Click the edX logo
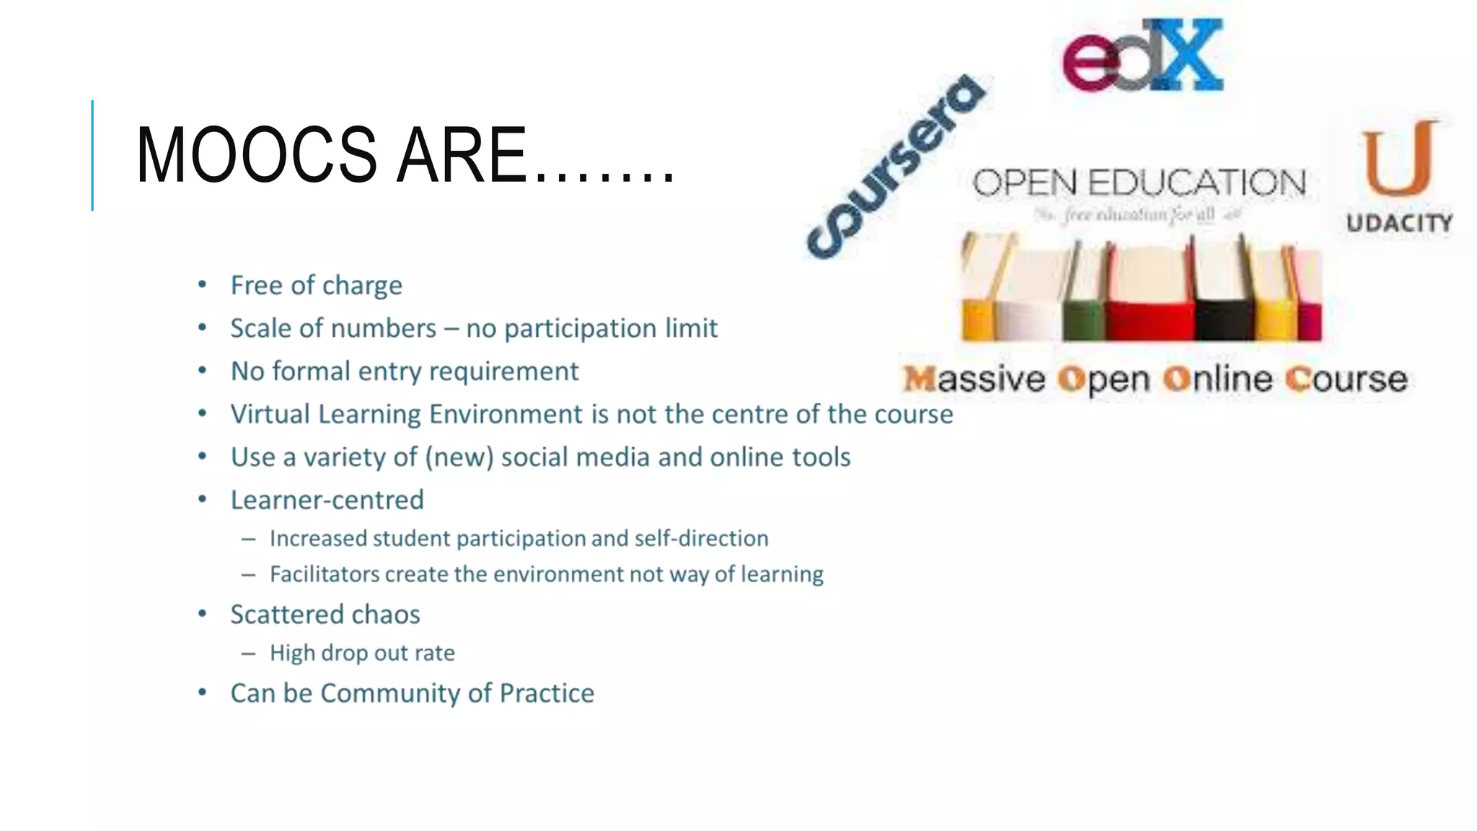click(1143, 56)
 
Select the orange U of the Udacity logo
click(1398, 159)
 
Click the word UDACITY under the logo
click(1399, 223)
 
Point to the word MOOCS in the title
click(256, 155)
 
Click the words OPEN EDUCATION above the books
click(1139, 183)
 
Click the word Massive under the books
click(974, 379)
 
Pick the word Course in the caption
click(1346, 379)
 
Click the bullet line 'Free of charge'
click(316, 286)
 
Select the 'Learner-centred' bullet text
click(327, 500)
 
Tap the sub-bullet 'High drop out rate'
click(362, 653)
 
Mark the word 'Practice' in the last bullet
click(547, 693)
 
